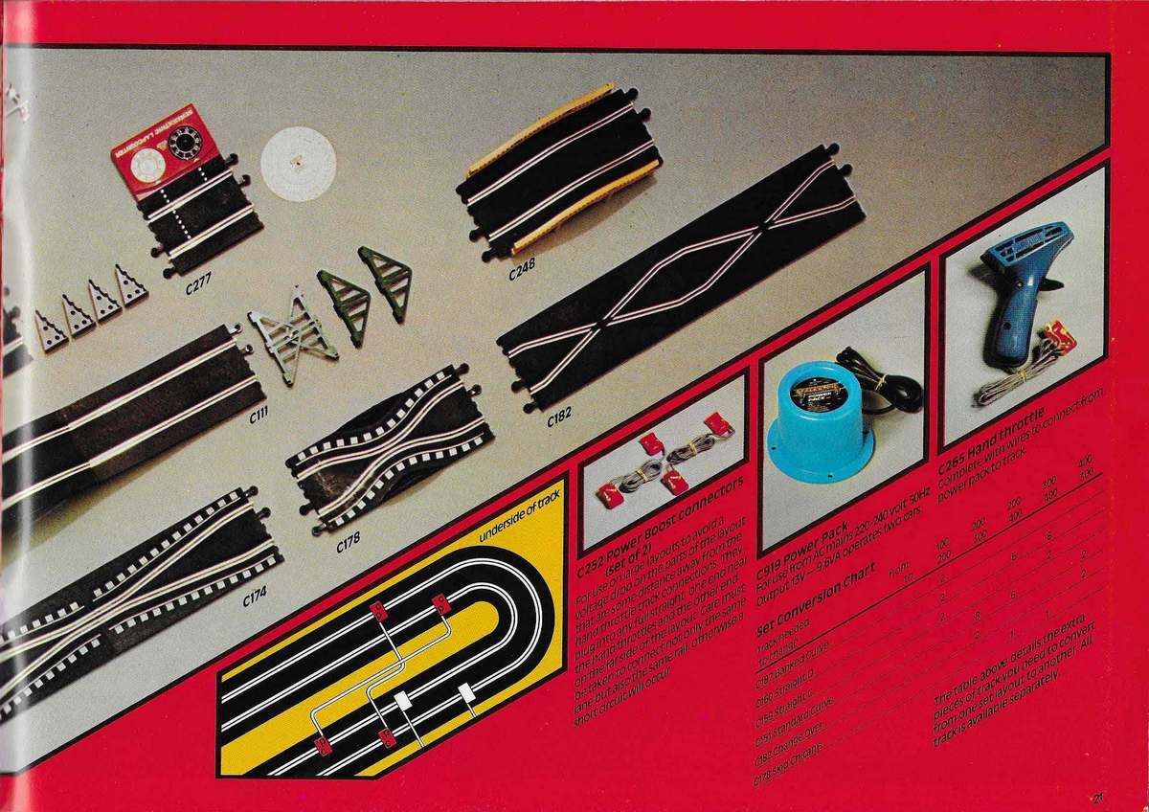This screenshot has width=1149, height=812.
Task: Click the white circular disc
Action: coord(298,164)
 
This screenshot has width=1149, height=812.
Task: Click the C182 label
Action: coord(560,417)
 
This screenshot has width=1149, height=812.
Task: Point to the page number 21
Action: coord(1097,793)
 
